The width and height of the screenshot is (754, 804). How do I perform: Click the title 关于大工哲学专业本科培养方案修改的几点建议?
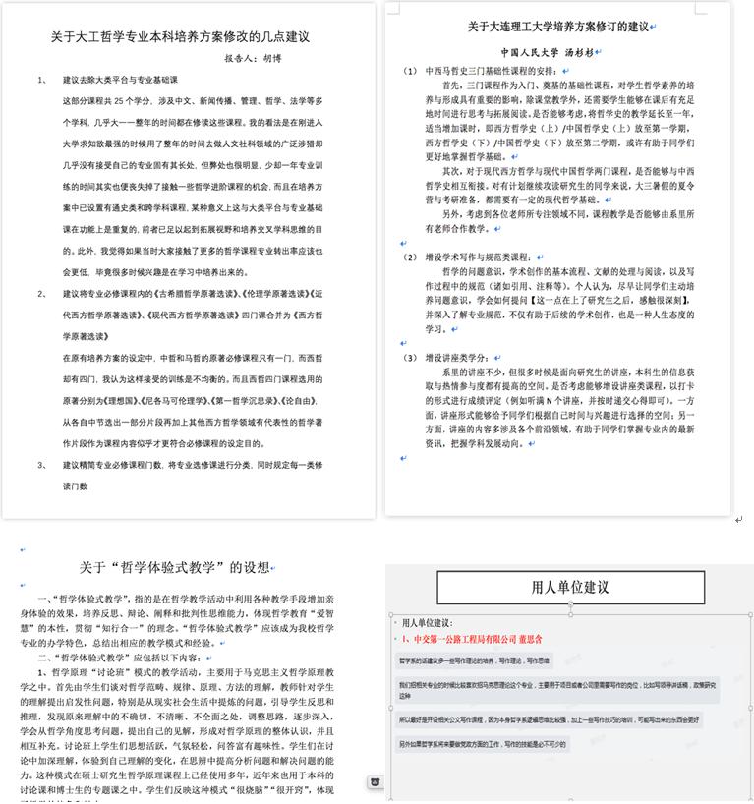[x=180, y=37]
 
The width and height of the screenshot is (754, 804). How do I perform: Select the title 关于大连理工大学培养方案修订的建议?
[x=558, y=26]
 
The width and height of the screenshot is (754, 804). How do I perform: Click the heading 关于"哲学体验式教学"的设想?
[x=173, y=567]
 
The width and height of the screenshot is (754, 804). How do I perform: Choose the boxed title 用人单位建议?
[x=570, y=588]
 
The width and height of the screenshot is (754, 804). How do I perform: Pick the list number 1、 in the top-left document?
[x=42, y=80]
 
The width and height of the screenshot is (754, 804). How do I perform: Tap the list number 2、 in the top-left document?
[x=42, y=293]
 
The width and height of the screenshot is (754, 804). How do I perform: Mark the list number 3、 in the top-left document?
[x=42, y=464]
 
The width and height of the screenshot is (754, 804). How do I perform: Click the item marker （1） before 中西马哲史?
[x=411, y=72]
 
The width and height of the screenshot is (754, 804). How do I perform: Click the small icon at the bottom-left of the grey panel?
[x=375, y=781]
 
